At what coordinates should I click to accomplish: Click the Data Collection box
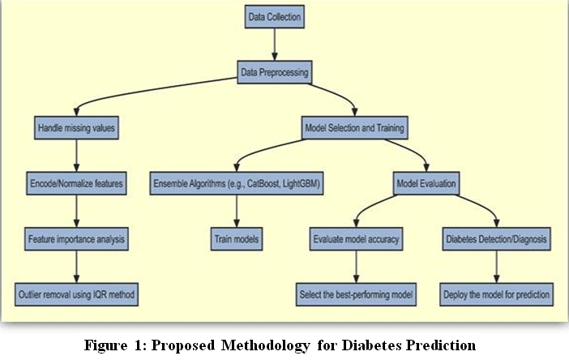coord(274,17)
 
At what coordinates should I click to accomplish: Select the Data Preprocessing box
coord(274,72)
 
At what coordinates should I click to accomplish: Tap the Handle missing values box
coord(76,128)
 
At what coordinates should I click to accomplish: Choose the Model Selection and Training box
coord(354,128)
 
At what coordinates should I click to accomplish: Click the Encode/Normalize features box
coord(76,183)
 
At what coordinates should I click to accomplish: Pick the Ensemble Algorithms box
coord(237,183)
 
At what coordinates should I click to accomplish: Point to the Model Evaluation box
coord(426,183)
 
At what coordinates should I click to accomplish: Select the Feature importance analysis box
coord(76,239)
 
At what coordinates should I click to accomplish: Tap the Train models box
coord(237,239)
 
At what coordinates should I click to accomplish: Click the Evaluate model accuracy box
coord(356,239)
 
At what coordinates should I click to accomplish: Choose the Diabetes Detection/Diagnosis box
coord(496,239)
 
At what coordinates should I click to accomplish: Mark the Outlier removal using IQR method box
coord(76,294)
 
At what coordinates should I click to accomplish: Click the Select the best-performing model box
coord(356,294)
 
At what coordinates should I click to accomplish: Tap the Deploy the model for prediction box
coord(496,294)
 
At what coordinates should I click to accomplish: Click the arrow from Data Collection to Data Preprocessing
coord(274,45)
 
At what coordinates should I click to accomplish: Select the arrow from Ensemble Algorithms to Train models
coord(237,211)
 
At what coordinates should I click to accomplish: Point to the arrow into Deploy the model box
coord(496,267)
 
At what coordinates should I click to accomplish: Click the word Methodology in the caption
coord(266,345)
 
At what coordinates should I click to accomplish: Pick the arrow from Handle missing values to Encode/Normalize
coord(76,156)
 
